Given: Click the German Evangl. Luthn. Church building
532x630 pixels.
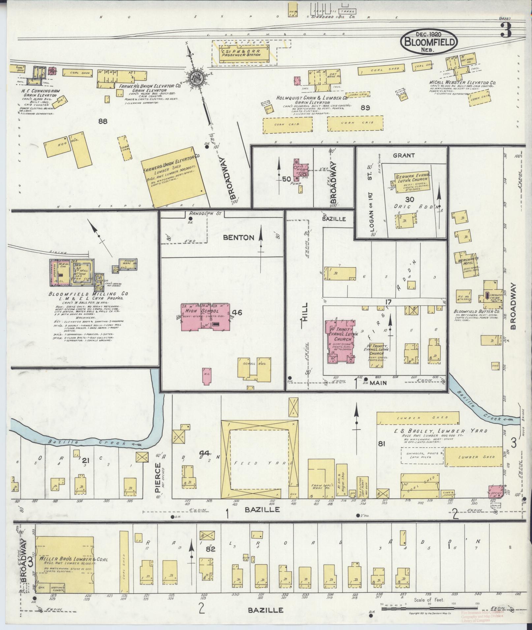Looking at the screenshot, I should (x=412, y=181).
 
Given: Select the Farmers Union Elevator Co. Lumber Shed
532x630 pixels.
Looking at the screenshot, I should (x=172, y=177).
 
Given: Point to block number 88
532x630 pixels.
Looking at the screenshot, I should (x=103, y=122).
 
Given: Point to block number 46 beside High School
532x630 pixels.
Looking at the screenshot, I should (x=237, y=313).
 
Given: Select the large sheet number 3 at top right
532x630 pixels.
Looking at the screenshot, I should (x=505, y=31).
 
